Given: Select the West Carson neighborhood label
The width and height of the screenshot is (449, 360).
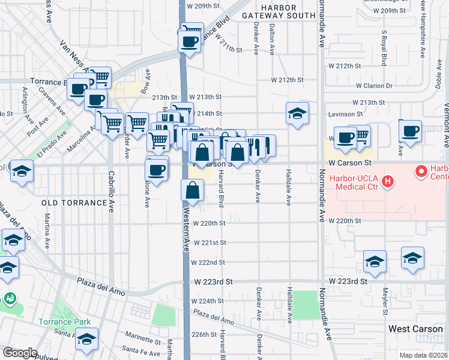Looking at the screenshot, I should tap(415, 329).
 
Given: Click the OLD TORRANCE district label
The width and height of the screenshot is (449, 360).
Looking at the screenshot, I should tap(74, 203).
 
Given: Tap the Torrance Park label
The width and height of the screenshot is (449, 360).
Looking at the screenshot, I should tap(74, 321).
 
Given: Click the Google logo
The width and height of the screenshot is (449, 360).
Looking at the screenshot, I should tap(19, 352).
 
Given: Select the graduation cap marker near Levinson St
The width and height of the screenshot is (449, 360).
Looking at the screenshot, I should tap(297, 113).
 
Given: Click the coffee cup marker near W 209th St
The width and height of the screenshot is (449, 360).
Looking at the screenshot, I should tap(190, 42).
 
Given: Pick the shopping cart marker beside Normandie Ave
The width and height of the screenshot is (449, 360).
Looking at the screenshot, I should tap(359, 136).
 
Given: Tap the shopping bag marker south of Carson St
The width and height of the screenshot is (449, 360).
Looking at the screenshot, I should tap(193, 191).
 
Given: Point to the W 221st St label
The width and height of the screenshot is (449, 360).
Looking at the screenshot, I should tap(208, 242).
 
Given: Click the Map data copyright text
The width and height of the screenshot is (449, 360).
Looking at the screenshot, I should tap(423, 355).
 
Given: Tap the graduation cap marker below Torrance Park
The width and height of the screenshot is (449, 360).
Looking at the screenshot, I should tap(87, 340).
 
